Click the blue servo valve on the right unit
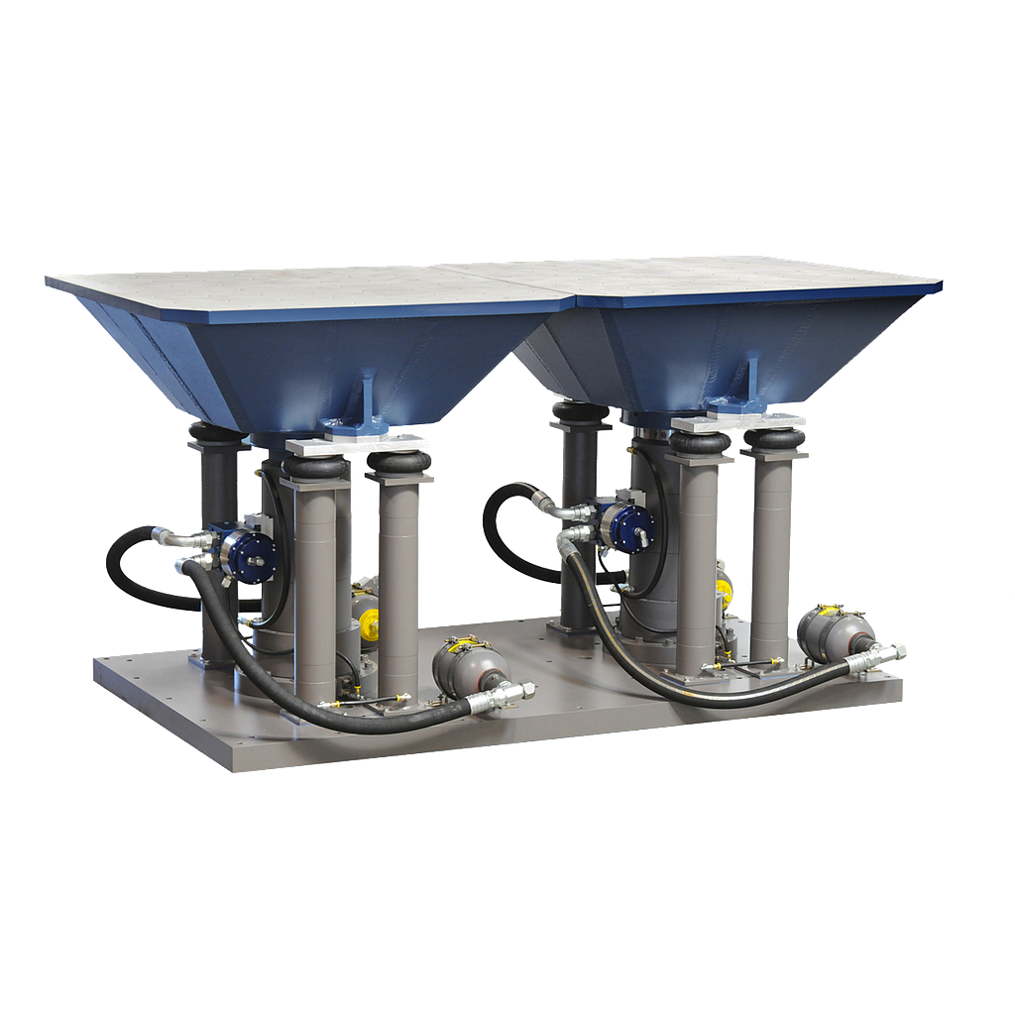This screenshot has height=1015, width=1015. (x=628, y=524)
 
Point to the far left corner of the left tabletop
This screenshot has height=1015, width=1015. (x=48, y=281)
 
